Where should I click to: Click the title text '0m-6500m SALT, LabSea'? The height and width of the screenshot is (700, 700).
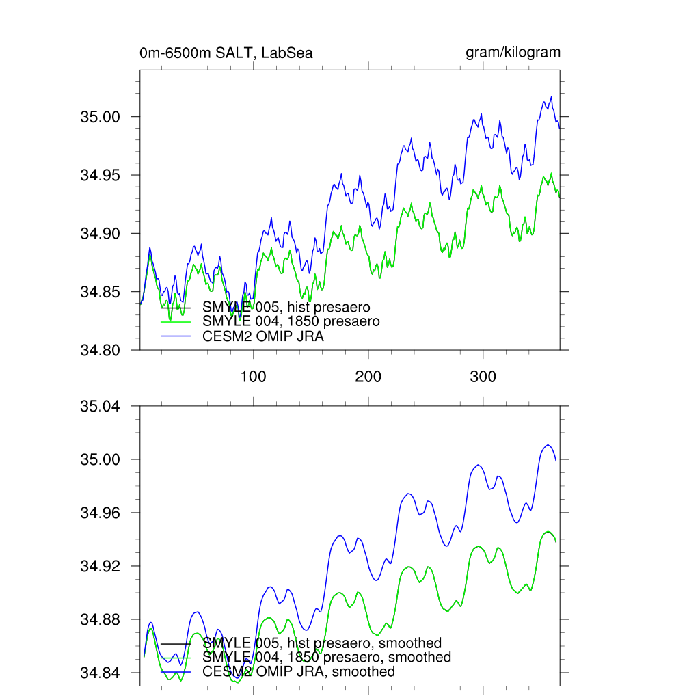pyautogui.click(x=226, y=53)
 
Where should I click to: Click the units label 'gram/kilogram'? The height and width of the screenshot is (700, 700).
pyautogui.click(x=513, y=52)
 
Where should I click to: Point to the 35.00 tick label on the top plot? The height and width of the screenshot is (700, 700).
pyautogui.click(x=100, y=117)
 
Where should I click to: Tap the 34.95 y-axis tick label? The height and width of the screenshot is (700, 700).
pyautogui.click(x=100, y=175)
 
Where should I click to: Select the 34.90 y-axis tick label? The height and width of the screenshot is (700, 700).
pyautogui.click(x=100, y=234)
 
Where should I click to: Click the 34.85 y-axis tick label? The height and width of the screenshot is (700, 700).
pyautogui.click(x=100, y=292)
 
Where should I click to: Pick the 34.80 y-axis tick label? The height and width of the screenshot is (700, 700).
pyautogui.click(x=100, y=350)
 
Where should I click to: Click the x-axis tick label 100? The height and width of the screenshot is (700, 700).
pyautogui.click(x=254, y=376)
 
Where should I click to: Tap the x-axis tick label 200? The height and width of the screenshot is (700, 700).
pyautogui.click(x=368, y=376)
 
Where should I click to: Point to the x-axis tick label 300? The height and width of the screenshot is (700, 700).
pyautogui.click(x=483, y=376)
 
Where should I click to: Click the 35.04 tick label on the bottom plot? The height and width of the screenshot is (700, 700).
pyautogui.click(x=100, y=406)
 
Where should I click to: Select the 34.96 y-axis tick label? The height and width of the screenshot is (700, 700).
pyautogui.click(x=100, y=513)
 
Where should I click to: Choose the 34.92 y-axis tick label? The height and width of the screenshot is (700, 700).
pyautogui.click(x=100, y=566)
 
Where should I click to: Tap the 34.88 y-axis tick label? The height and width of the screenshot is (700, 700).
pyautogui.click(x=100, y=619)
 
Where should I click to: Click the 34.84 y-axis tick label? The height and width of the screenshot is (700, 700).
pyautogui.click(x=100, y=673)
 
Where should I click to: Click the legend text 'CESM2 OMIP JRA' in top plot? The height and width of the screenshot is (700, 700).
pyautogui.click(x=263, y=336)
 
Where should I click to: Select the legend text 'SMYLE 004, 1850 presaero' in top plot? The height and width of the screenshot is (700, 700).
pyautogui.click(x=291, y=321)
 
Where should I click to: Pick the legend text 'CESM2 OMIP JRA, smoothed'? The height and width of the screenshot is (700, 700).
pyautogui.click(x=299, y=671)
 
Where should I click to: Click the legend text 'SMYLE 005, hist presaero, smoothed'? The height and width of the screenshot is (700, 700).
pyautogui.click(x=322, y=643)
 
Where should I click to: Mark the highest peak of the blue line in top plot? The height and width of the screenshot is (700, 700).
pyautogui.click(x=551, y=97)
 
